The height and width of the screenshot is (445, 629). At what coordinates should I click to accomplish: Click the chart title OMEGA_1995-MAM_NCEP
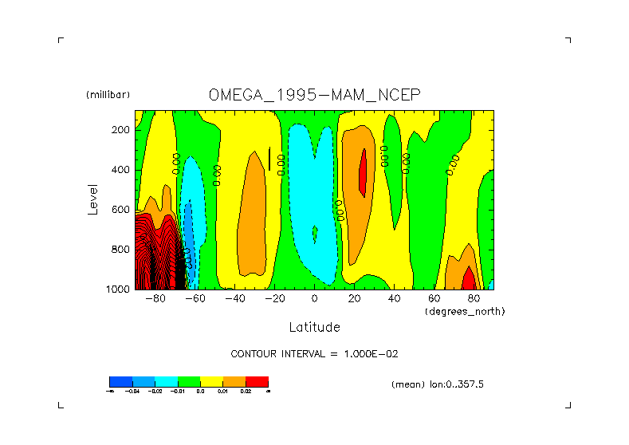tap(314, 95)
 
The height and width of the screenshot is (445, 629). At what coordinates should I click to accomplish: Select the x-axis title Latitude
tap(314, 327)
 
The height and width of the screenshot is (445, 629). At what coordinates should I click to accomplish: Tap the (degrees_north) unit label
tap(465, 311)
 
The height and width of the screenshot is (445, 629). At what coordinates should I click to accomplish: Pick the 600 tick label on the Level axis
tap(121, 210)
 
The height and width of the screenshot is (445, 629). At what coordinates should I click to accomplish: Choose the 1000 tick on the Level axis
tap(119, 289)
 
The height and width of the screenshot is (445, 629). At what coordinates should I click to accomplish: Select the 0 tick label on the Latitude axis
tap(314, 299)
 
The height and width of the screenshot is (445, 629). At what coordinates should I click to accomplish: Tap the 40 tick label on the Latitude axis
tap(394, 299)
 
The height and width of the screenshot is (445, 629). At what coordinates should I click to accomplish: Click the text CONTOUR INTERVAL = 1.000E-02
tap(314, 353)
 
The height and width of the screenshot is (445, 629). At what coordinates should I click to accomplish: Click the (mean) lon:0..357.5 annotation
tap(438, 384)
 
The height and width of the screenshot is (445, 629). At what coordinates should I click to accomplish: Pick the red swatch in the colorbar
tap(257, 382)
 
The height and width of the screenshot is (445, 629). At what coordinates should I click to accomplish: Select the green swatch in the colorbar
tap(189, 382)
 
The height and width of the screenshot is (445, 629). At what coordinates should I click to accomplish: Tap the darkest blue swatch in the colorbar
tap(120, 382)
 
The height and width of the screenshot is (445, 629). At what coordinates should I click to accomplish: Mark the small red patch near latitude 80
tap(468, 280)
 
